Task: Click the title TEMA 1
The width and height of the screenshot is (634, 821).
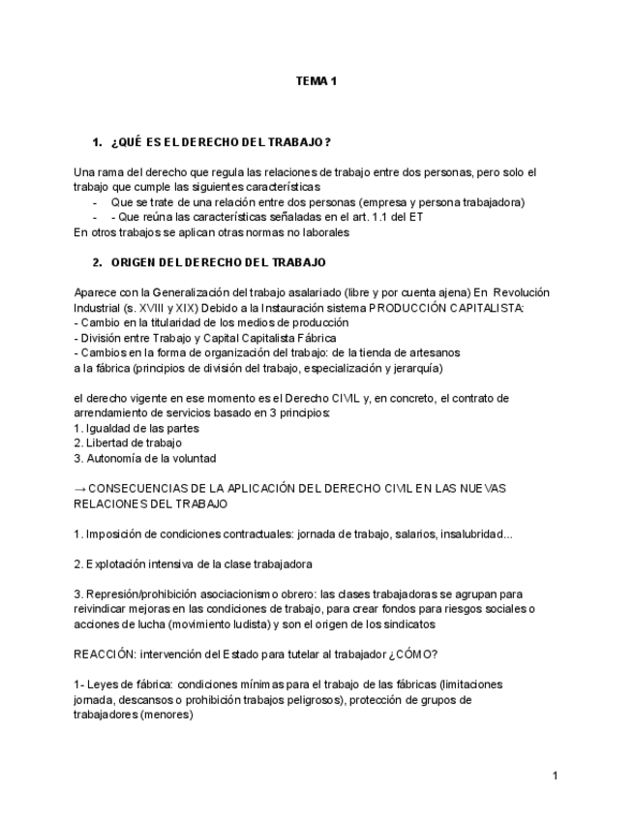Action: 316,81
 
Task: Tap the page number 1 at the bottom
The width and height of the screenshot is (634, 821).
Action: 555,775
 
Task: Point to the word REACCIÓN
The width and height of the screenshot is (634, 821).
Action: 102,654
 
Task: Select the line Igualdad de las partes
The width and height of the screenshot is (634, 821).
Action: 141,428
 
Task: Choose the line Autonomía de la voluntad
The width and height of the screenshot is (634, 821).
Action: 150,458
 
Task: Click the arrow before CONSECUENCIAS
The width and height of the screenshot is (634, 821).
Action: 79,488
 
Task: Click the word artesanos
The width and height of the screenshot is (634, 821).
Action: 436,352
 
